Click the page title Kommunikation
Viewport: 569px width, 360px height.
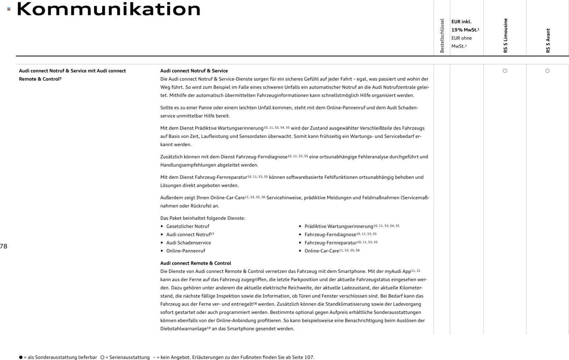coord(109,9)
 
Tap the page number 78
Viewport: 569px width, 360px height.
coord(4,246)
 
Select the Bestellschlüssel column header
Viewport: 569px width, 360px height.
coord(442,36)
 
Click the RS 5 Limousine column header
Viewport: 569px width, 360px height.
coord(505,36)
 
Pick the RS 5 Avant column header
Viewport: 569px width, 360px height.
coord(548,40)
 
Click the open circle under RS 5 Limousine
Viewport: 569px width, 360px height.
coord(505,71)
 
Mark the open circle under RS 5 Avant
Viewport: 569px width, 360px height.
coord(547,71)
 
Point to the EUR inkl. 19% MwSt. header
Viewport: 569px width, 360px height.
coord(465,26)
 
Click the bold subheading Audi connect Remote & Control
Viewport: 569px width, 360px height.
coord(195,263)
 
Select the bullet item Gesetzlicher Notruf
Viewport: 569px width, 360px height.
coord(188,226)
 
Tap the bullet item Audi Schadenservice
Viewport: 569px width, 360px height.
coord(188,243)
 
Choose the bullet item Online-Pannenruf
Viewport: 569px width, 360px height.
coord(185,251)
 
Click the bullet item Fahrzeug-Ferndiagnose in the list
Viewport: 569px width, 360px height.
coord(330,234)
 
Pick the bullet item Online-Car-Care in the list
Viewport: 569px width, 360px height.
coord(322,251)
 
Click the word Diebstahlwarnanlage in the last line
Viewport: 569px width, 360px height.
coord(183,329)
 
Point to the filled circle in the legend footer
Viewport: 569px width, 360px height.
coord(21,357)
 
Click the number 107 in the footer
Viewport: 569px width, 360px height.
coord(309,357)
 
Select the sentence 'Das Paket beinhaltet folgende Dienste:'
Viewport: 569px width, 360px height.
coord(203,218)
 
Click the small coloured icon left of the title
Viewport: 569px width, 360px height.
coord(9,9)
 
